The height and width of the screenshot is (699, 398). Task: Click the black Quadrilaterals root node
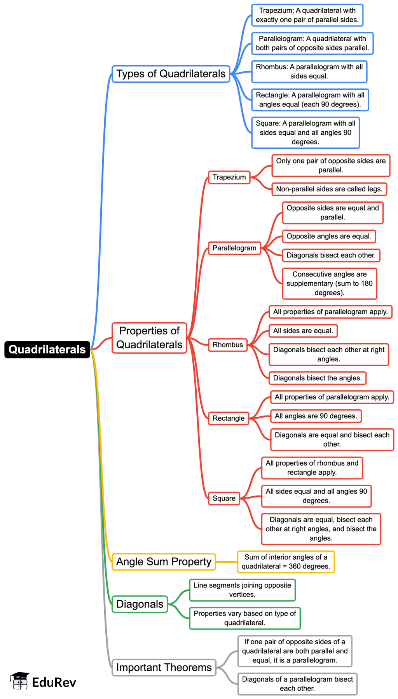(x=47, y=349)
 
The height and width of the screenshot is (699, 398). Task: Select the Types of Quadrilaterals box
(x=171, y=74)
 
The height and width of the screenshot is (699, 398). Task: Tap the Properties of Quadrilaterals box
(x=149, y=338)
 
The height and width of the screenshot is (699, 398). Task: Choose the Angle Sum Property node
(x=164, y=562)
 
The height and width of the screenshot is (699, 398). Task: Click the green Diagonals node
(x=140, y=604)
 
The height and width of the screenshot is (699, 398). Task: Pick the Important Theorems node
(x=164, y=668)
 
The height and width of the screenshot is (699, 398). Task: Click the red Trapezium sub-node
(x=229, y=177)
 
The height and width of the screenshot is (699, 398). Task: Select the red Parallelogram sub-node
(x=234, y=248)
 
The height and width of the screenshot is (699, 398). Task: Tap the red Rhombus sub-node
(x=228, y=345)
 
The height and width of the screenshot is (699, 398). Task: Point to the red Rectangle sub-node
(x=229, y=418)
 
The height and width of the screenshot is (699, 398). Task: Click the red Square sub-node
(x=224, y=498)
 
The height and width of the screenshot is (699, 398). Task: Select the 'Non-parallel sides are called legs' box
(x=329, y=189)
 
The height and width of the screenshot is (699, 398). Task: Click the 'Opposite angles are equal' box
(x=329, y=236)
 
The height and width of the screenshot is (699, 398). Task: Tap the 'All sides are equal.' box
(x=303, y=331)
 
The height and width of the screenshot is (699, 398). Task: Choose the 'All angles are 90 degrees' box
(x=316, y=416)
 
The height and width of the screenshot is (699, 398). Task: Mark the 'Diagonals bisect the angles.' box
(x=318, y=378)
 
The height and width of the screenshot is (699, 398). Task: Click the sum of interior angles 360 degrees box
(x=286, y=562)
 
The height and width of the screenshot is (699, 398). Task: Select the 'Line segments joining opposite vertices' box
(x=243, y=590)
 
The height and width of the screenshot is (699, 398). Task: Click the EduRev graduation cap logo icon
(x=19, y=681)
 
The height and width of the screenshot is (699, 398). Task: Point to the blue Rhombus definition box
(x=309, y=71)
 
